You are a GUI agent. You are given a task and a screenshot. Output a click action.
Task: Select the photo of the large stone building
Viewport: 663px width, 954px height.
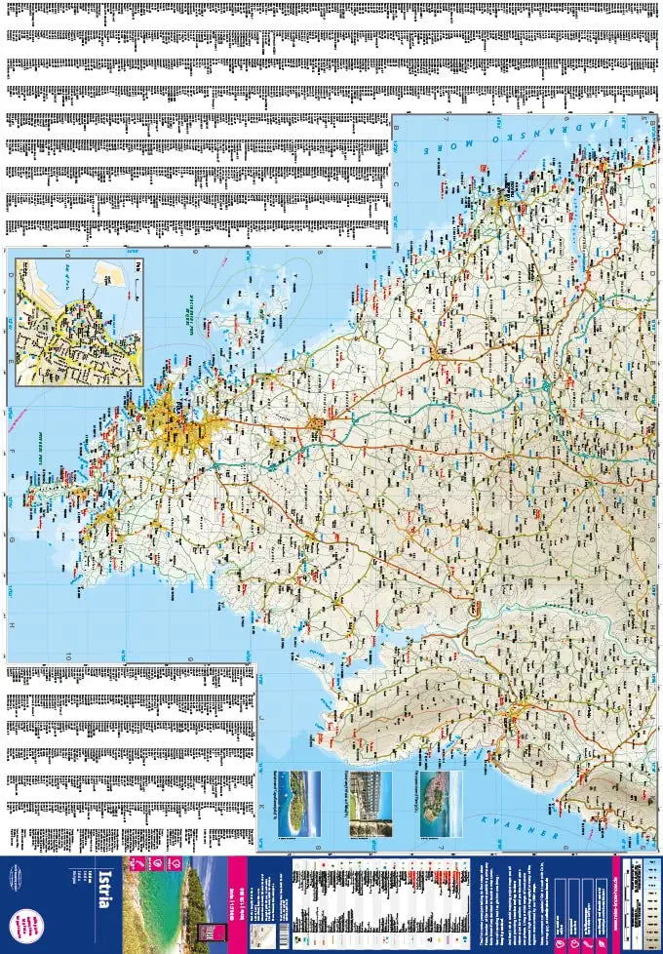pos(370,804)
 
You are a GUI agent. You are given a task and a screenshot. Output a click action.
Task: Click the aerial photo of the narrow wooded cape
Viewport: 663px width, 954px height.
pos(297,804)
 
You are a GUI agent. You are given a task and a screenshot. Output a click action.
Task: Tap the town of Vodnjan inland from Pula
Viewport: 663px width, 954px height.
pos(317,424)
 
